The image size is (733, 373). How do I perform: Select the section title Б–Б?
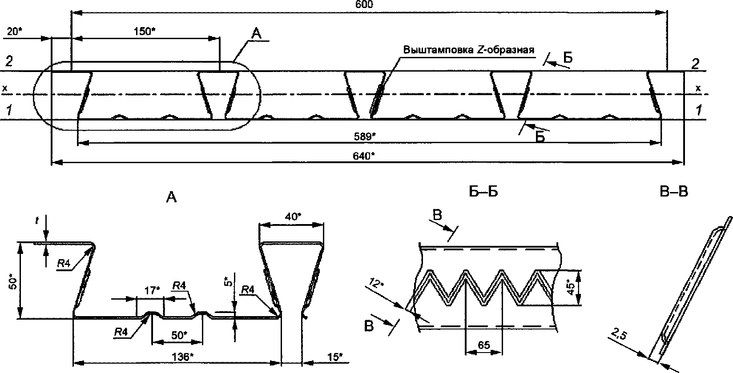pyautogui.click(x=483, y=192)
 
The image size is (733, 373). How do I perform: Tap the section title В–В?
pyautogui.click(x=674, y=192)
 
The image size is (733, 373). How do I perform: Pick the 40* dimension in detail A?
pyautogui.click(x=293, y=217)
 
